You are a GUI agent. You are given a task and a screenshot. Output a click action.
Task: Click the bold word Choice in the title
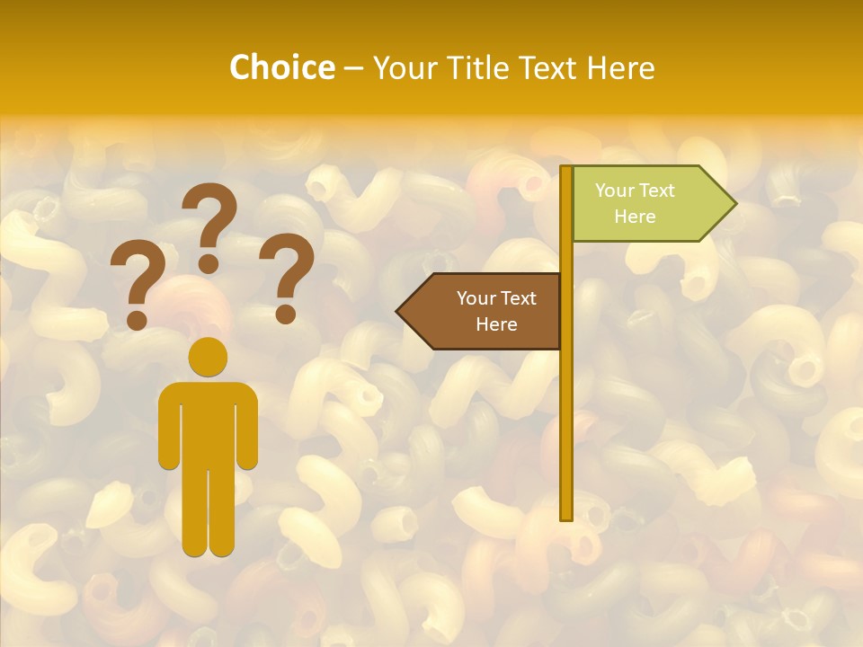[x=281, y=67]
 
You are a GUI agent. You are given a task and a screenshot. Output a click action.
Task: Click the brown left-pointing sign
[x=485, y=311]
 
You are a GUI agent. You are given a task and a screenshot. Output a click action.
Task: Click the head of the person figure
[x=208, y=357]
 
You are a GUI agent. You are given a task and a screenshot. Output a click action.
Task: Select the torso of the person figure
[x=208, y=422]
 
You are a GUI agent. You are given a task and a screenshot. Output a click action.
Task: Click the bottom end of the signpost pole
[x=566, y=514]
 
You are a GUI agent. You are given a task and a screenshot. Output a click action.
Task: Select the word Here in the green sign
[x=635, y=217]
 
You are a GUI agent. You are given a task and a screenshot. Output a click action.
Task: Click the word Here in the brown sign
[x=496, y=324]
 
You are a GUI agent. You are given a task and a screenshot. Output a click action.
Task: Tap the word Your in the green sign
[x=615, y=191]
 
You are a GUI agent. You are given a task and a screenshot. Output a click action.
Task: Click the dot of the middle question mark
[x=209, y=263]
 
